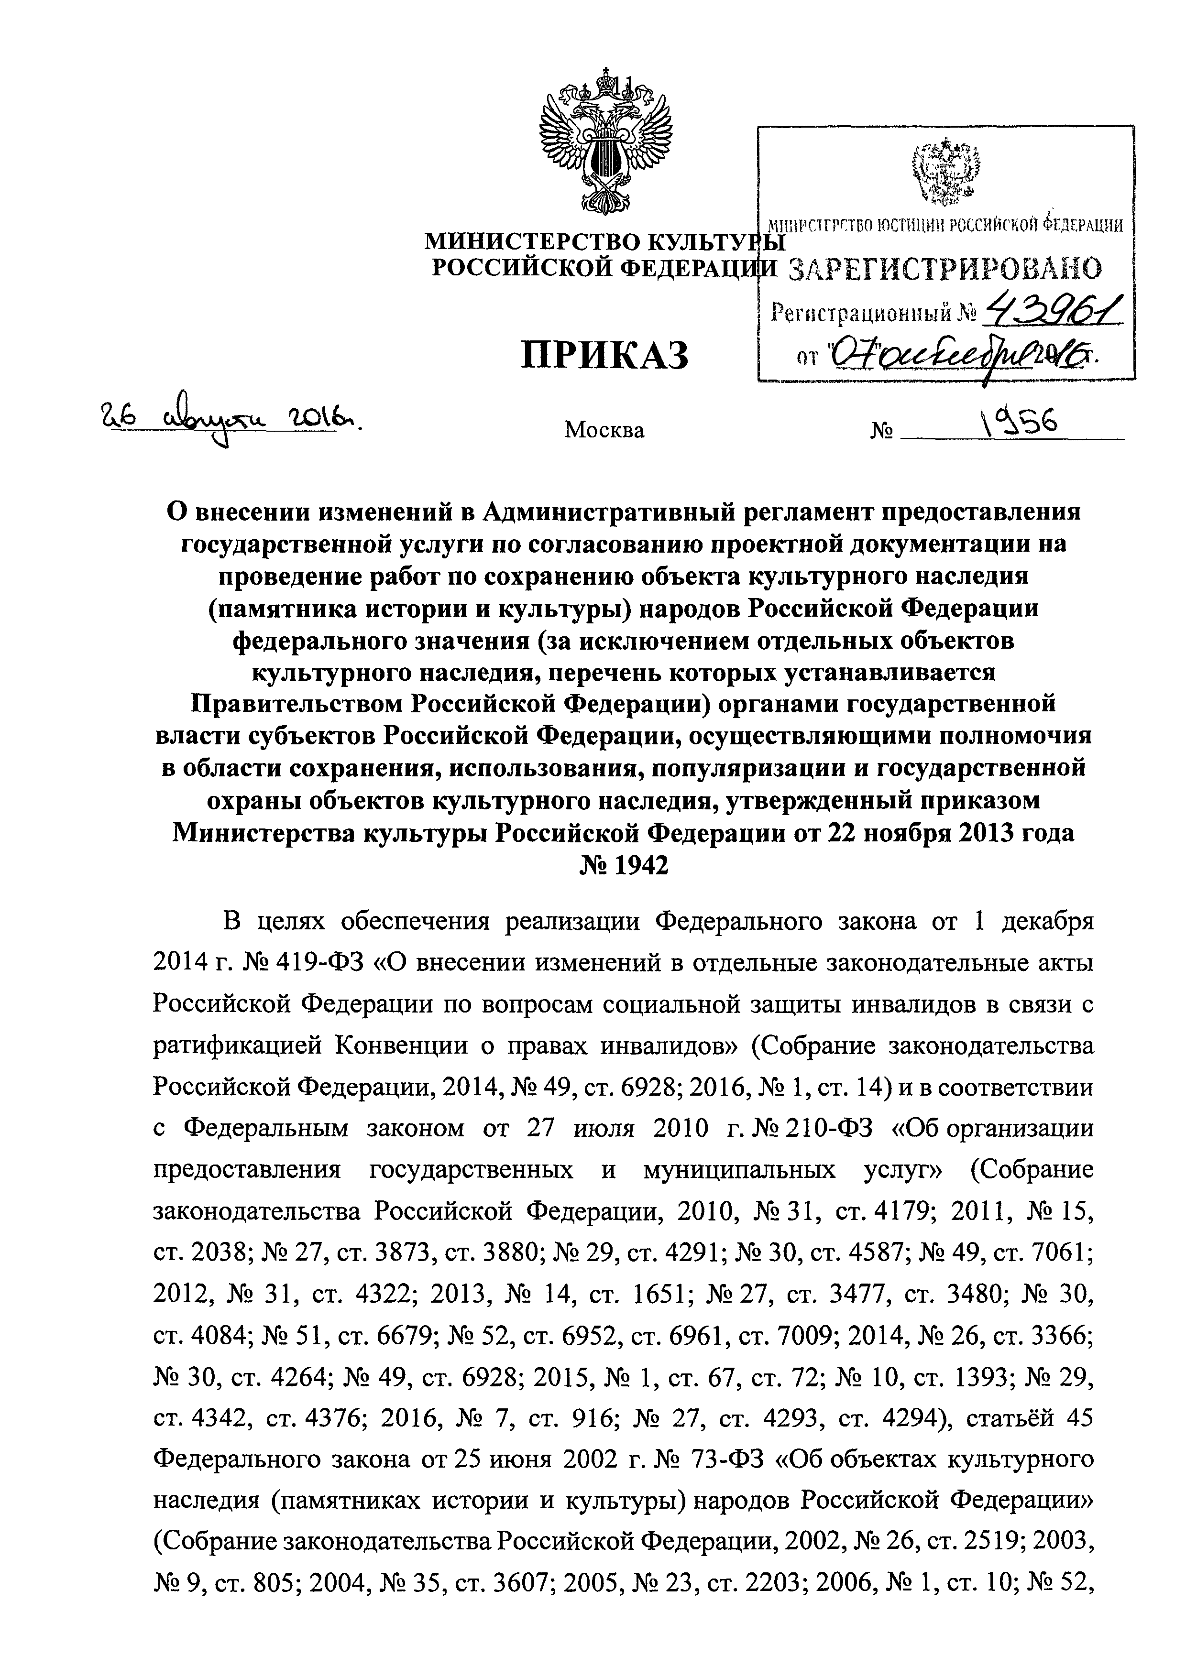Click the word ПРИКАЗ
604,357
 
